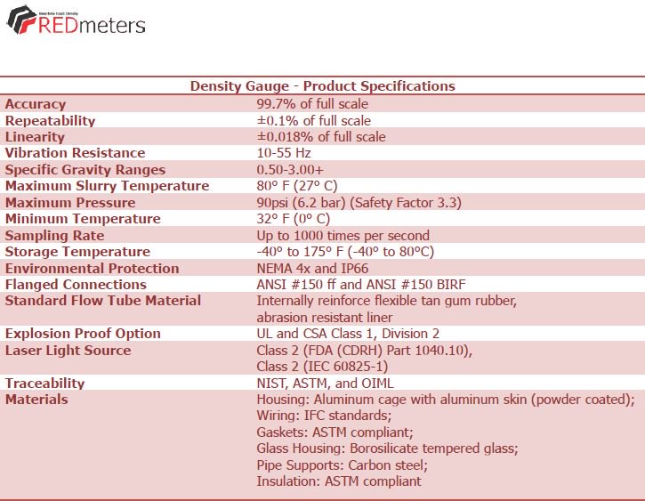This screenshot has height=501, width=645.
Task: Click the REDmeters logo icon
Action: [x=21, y=20]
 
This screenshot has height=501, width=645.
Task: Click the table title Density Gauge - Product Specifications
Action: [x=322, y=86]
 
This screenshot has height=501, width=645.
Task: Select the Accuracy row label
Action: [x=36, y=104]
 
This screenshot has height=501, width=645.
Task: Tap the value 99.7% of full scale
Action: [x=312, y=103]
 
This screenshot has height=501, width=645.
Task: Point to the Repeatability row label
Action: [x=50, y=120]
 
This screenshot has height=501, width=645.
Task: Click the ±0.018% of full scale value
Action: [x=321, y=136]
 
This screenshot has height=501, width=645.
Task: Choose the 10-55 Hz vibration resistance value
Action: [x=284, y=153]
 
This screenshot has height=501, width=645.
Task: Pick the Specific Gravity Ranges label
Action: [x=85, y=170]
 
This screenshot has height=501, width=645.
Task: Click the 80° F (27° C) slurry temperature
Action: [x=297, y=186]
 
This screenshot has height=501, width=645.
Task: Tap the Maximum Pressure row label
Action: [x=70, y=202]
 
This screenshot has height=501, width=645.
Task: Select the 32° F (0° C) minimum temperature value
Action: [x=294, y=219]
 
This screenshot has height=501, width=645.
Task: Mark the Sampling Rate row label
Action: [x=54, y=236]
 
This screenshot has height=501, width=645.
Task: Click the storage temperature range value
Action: [x=345, y=252]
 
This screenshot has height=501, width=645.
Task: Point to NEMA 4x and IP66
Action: [x=312, y=269]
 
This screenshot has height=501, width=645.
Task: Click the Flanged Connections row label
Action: [x=76, y=285]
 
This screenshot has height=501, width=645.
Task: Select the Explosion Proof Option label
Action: [x=83, y=334]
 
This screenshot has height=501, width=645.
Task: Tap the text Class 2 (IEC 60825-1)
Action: [x=322, y=367]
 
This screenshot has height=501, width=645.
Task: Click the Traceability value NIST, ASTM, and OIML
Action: [x=325, y=384]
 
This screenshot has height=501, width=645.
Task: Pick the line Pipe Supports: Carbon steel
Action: [x=343, y=465]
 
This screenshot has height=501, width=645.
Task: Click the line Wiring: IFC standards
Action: [x=324, y=416]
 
